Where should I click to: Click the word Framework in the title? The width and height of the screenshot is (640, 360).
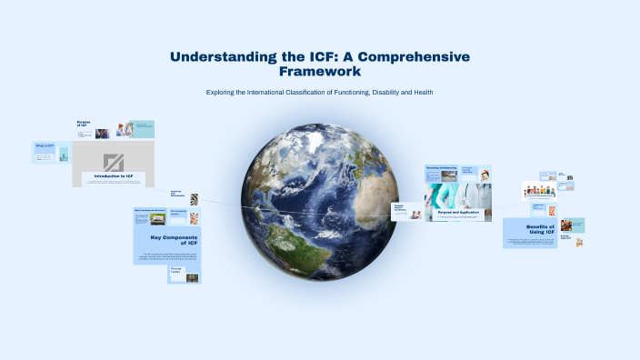pos(320,71)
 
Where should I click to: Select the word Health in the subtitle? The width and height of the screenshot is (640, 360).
pos(421,92)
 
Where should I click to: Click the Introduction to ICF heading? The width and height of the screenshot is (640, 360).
pos(114,175)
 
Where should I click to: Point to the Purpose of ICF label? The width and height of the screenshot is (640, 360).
pos(84,123)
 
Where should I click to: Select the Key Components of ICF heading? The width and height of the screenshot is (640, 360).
pos(174,241)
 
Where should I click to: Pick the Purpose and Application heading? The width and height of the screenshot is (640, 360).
pos(458,213)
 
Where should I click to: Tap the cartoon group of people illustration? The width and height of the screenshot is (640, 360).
pos(541,191)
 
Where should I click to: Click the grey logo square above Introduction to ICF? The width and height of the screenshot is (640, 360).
pos(114,161)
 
